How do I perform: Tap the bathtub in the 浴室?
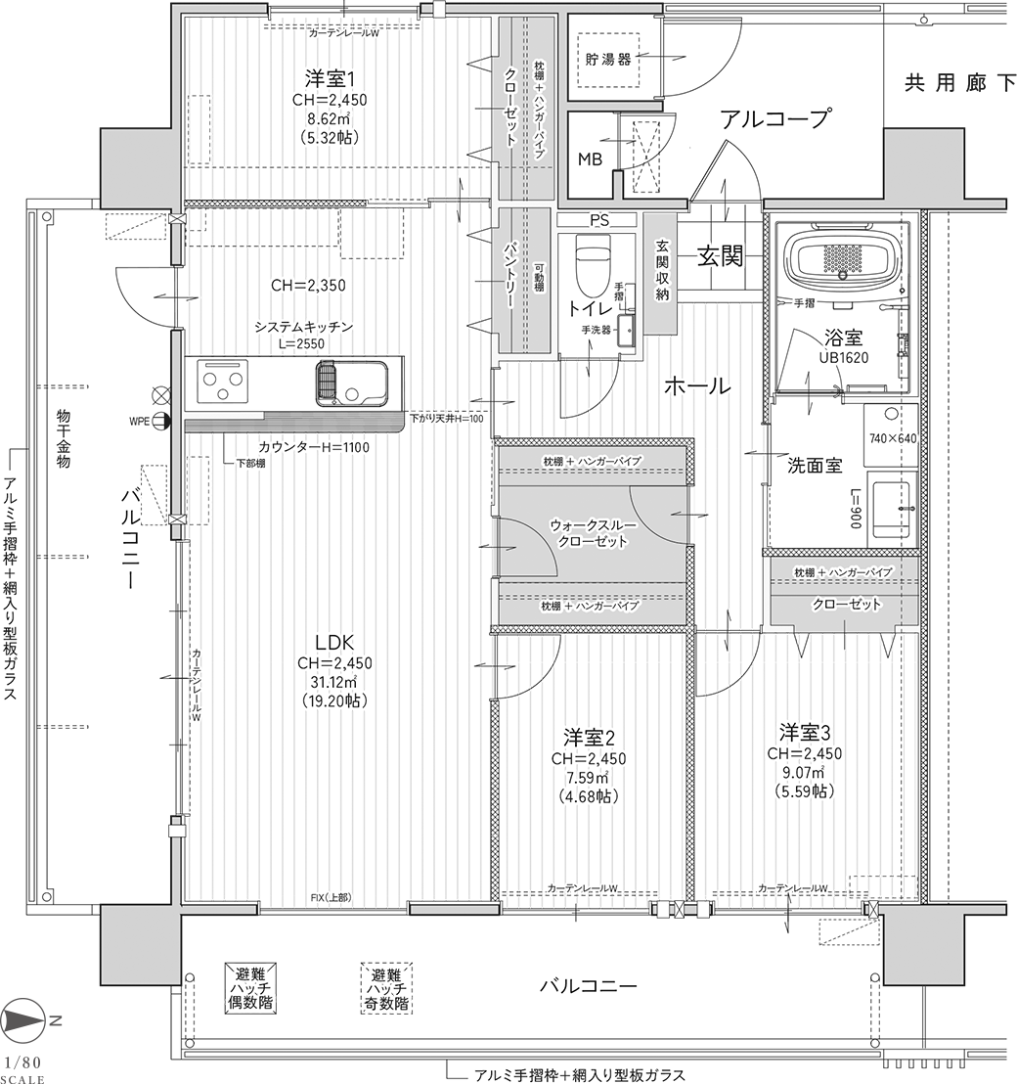click(846, 260)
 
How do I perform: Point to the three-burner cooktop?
click(223, 383)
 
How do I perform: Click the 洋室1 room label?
click(329, 76)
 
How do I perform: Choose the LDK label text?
click(334, 642)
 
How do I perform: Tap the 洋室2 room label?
click(589, 737)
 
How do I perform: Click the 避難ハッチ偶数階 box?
click(253, 988)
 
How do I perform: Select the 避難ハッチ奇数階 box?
click(387, 988)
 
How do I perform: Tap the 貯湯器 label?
click(608, 60)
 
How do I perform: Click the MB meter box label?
click(590, 159)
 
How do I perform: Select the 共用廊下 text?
click(960, 84)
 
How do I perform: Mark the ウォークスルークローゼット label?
click(590, 533)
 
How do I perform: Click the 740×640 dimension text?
click(893, 438)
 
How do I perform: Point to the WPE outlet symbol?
click(160, 421)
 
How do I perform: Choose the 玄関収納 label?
click(662, 269)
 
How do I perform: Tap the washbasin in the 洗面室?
click(893, 508)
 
